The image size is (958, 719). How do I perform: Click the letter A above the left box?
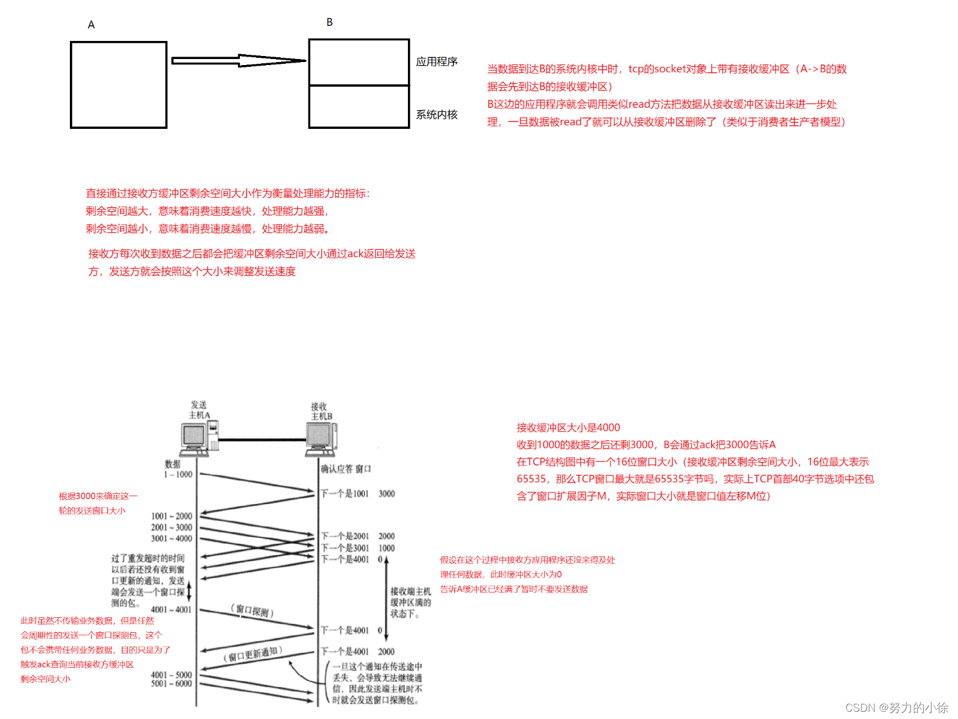91,25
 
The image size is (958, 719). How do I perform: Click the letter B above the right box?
330,22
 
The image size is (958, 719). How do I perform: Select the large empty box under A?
119,85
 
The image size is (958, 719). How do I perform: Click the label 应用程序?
437,62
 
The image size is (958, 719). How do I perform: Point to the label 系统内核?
437,114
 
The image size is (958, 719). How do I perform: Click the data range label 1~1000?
178,475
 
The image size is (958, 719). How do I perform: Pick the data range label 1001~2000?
172,516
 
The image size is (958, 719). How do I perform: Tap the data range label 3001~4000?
172,539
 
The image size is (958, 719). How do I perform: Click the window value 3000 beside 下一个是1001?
387,494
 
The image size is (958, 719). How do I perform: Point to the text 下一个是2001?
345,536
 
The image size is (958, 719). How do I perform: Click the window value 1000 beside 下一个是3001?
387,548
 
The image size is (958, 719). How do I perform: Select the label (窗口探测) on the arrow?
252,611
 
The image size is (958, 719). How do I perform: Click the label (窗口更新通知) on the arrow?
252,654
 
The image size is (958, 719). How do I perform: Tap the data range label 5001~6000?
172,684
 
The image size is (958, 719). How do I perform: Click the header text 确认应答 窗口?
346,468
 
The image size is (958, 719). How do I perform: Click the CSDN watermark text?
897,708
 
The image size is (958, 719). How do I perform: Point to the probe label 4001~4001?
171,609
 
